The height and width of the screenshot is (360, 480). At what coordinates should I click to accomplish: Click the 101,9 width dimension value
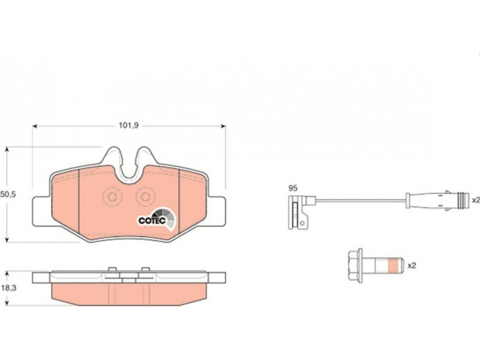coord(128,125)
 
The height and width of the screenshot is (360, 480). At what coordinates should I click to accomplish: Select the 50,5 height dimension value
coord(8,194)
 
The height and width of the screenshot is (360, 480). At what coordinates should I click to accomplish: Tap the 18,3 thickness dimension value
coord(8,288)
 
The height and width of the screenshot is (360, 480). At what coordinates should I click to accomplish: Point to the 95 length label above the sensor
coord(293,188)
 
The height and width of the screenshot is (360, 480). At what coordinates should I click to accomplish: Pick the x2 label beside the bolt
coord(412,265)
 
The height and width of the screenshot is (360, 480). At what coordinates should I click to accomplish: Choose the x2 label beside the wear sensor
coord(476,200)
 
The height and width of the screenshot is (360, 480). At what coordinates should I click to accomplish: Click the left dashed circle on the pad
coord(112,197)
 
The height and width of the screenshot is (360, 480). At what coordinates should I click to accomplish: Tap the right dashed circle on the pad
coord(145,197)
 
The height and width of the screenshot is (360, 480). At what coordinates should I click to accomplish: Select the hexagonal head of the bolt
coord(356,265)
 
